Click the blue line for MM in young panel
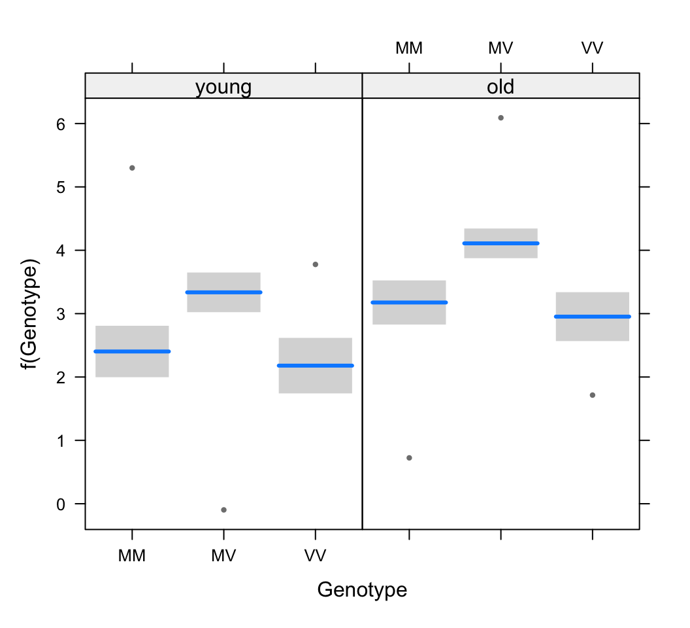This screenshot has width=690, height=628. [x=132, y=351]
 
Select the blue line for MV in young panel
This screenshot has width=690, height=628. [x=223, y=292]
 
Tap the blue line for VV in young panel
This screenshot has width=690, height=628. [x=316, y=366]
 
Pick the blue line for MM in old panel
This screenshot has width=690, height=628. [x=409, y=302]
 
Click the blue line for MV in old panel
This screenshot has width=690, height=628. [x=501, y=243]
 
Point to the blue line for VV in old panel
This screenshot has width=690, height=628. [x=592, y=317]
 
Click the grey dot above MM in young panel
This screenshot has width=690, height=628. [x=132, y=168]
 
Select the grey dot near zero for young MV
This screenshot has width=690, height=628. [x=223, y=510]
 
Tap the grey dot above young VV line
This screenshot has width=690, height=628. [x=316, y=264]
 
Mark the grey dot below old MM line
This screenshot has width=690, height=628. [x=409, y=458]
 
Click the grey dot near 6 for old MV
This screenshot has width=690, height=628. [x=501, y=118]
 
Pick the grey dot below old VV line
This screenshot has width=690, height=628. [x=592, y=395]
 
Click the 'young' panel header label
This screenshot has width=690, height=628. [x=223, y=87]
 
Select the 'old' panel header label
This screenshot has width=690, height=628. [x=501, y=87]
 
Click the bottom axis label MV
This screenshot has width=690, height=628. [x=223, y=556]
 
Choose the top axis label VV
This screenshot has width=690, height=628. [x=592, y=48]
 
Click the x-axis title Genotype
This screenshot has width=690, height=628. [x=362, y=590]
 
